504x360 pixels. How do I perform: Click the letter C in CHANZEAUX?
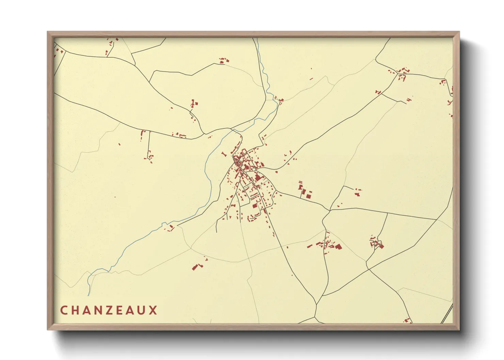pos(64,310)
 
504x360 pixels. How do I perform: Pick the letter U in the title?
pos(142,310)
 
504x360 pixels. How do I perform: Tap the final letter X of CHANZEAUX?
pos(154,310)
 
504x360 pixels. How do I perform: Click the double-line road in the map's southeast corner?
pos(447,313)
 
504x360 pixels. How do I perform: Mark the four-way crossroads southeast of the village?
pos(368,269)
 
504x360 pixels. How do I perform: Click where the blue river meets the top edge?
pos(257,38)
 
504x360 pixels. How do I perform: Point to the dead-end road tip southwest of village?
pos(217,232)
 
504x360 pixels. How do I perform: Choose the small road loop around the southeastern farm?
pos(377,243)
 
